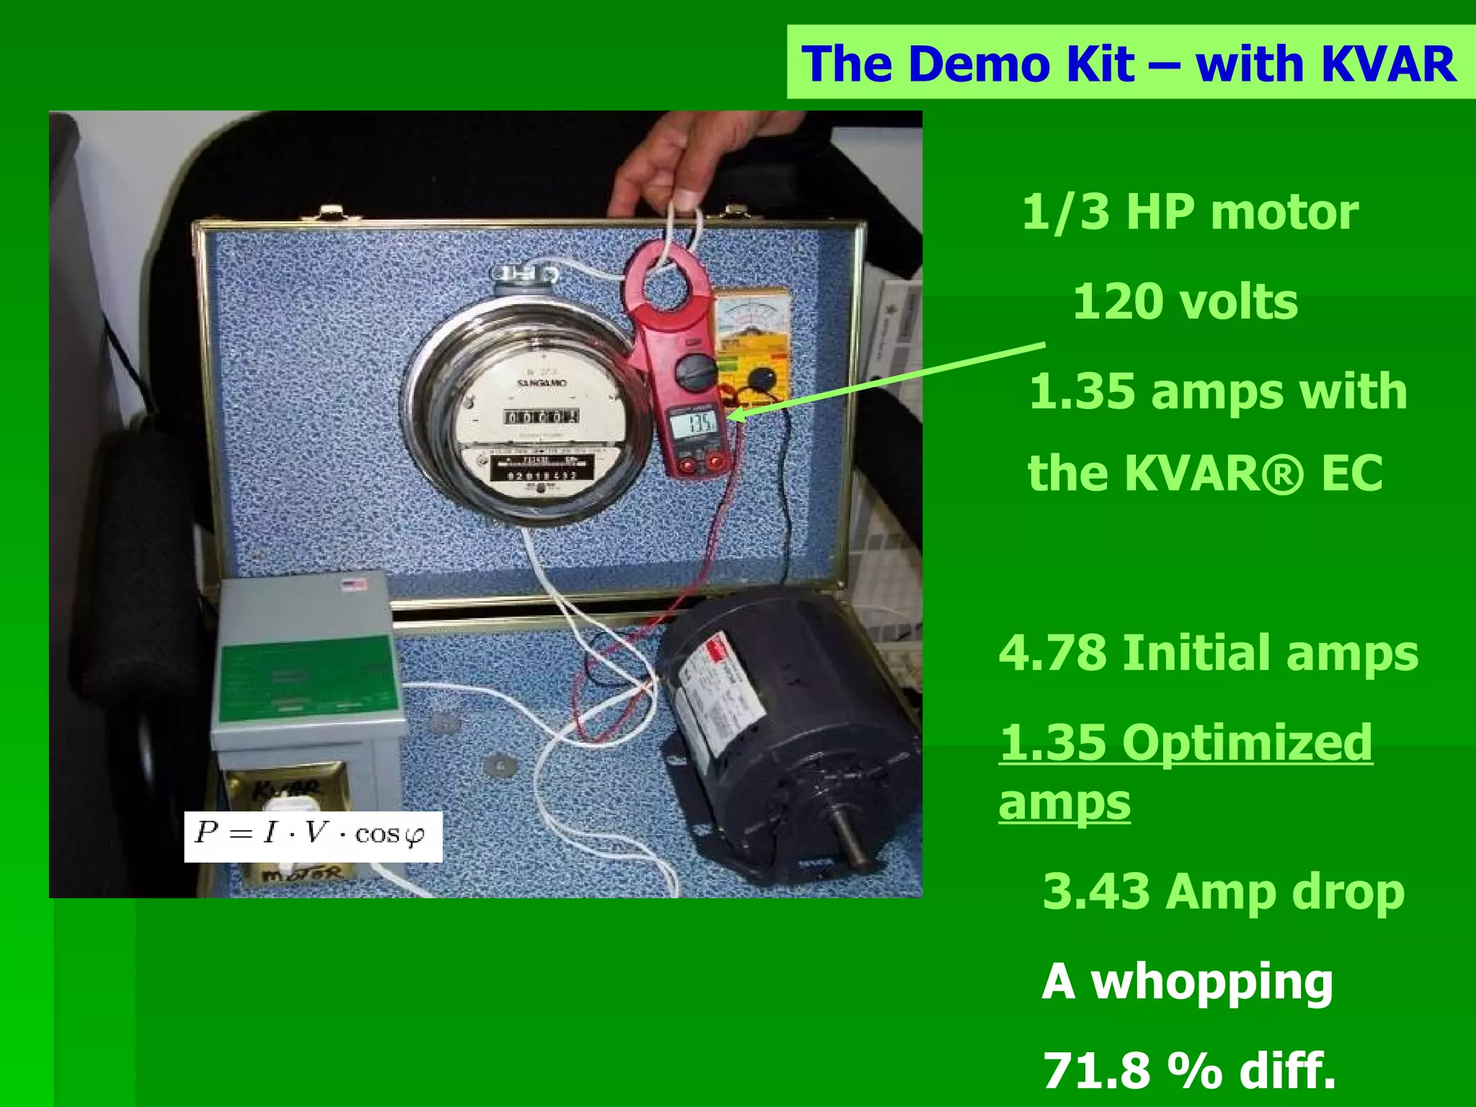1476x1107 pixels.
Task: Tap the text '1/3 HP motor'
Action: tap(1190, 213)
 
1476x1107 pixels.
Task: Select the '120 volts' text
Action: tap(1186, 302)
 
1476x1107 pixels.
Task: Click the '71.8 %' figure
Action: tap(1133, 1070)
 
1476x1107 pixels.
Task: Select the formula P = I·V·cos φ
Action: tap(312, 835)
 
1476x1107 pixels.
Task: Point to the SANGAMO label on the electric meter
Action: tap(542, 382)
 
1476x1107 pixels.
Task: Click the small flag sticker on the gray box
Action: tap(353, 584)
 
